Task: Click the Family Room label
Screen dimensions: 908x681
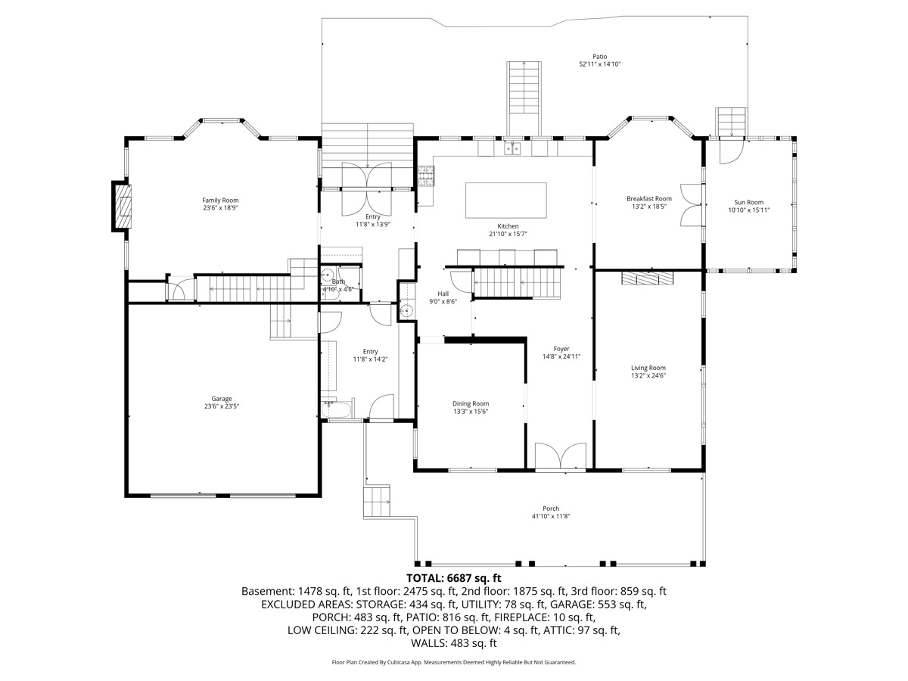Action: click(220, 201)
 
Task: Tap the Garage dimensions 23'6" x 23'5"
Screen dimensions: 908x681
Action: click(221, 406)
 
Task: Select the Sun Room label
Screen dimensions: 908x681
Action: click(749, 202)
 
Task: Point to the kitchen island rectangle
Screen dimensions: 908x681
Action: click(506, 200)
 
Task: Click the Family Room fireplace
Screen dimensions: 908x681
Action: click(123, 207)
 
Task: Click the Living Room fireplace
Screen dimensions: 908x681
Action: click(648, 278)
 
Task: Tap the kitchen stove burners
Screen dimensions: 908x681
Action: click(426, 176)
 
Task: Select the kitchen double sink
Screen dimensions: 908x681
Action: click(512, 148)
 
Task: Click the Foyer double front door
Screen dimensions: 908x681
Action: click(561, 456)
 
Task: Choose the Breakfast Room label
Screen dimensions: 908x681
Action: click(649, 198)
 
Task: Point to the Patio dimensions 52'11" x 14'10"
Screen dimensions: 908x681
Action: click(600, 64)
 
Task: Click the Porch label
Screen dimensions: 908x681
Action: click(551, 508)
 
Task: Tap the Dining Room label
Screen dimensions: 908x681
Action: click(471, 403)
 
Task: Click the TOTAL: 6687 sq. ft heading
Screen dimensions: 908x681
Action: click(454, 577)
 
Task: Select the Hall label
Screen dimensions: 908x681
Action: click(443, 294)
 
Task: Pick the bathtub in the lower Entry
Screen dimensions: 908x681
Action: click(337, 409)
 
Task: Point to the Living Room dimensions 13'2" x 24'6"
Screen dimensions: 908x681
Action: click(648, 375)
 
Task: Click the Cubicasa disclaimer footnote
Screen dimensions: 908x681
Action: click(454, 662)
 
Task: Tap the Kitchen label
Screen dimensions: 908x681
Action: click(508, 226)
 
